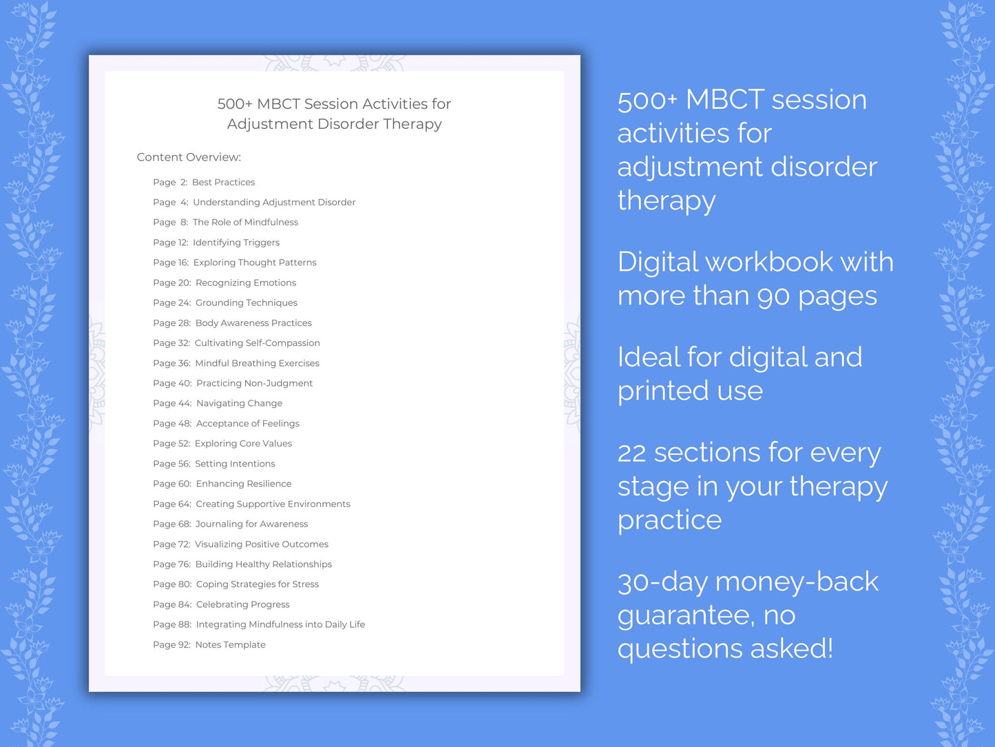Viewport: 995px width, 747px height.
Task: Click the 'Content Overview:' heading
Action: (x=189, y=157)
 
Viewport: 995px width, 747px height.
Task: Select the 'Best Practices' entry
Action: (x=223, y=182)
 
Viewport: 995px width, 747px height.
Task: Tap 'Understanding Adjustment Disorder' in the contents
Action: (x=274, y=202)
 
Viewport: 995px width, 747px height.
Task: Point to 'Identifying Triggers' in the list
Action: (x=236, y=243)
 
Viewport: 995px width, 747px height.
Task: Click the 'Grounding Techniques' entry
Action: (x=246, y=303)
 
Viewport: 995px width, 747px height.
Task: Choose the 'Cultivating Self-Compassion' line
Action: (x=257, y=343)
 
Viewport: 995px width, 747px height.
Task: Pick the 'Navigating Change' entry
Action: (x=239, y=403)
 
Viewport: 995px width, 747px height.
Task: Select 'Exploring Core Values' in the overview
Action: (x=243, y=444)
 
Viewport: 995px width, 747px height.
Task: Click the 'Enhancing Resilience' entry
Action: (x=243, y=484)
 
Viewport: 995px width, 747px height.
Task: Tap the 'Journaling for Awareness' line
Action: (x=251, y=524)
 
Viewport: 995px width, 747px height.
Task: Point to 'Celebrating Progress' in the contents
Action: (x=242, y=604)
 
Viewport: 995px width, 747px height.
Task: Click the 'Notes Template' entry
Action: (x=230, y=645)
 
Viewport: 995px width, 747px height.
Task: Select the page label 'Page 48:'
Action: (x=172, y=424)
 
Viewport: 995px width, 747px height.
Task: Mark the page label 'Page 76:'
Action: (x=171, y=564)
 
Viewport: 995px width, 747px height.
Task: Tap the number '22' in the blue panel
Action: (x=631, y=453)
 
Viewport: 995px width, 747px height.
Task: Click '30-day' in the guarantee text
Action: (x=662, y=582)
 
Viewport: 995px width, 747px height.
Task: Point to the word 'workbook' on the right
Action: (x=769, y=263)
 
